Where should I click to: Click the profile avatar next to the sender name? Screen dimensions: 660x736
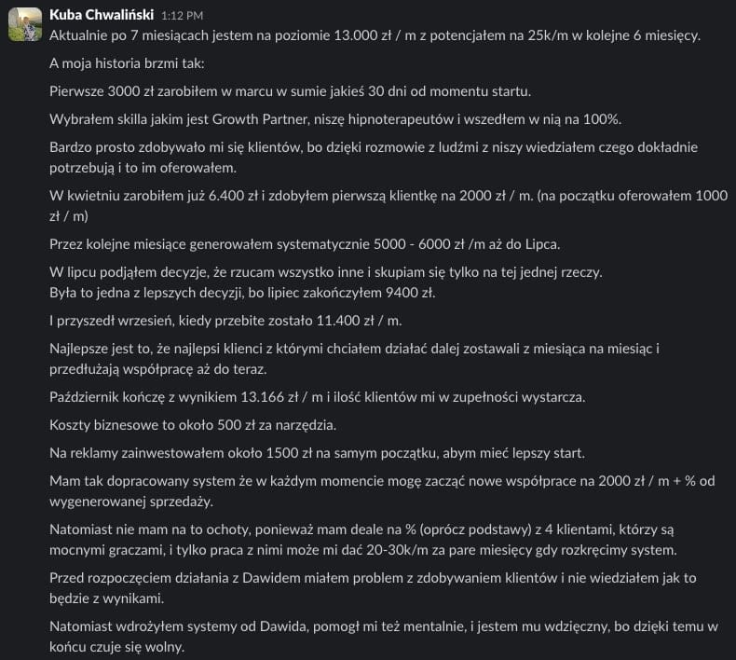click(x=24, y=24)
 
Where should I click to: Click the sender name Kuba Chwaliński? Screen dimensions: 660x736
click(x=102, y=16)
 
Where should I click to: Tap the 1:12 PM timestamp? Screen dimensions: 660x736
click(x=182, y=17)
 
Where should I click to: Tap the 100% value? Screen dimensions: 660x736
click(x=603, y=119)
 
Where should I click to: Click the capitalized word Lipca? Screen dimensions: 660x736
click(x=538, y=243)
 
